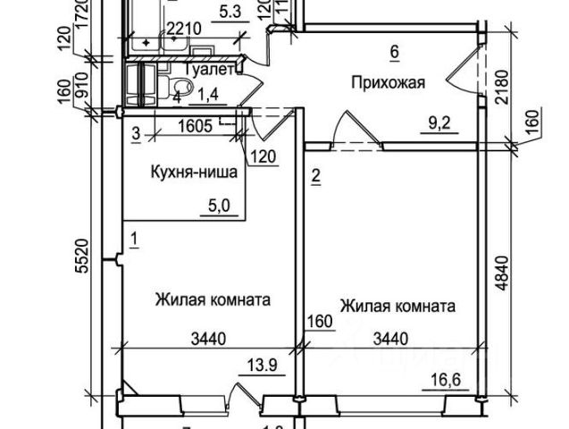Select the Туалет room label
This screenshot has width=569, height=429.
(x=212, y=68)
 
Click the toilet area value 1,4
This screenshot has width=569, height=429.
(x=208, y=90)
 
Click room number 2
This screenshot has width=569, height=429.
(x=315, y=176)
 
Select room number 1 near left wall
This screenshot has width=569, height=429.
(x=133, y=238)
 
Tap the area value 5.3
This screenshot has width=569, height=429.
(x=230, y=12)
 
